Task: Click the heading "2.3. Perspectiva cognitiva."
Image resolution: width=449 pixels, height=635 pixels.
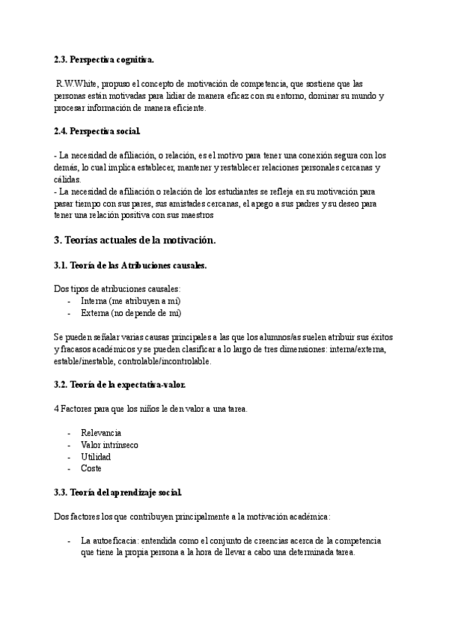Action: [x=104, y=59]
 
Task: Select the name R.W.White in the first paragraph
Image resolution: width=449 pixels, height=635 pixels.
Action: [x=77, y=85]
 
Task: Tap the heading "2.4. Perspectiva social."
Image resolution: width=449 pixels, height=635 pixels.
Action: [x=97, y=132]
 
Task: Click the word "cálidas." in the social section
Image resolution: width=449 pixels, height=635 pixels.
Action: [x=69, y=180]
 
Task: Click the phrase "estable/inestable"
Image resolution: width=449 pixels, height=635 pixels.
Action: [x=80, y=361]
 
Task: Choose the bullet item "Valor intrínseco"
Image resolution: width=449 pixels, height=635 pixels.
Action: [x=109, y=445]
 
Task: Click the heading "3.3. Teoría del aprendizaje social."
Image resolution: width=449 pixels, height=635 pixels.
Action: [x=117, y=493]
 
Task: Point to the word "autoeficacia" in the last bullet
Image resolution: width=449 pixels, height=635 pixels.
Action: [x=117, y=541]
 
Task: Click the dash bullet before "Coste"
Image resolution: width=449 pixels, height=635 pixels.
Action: [x=69, y=469]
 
